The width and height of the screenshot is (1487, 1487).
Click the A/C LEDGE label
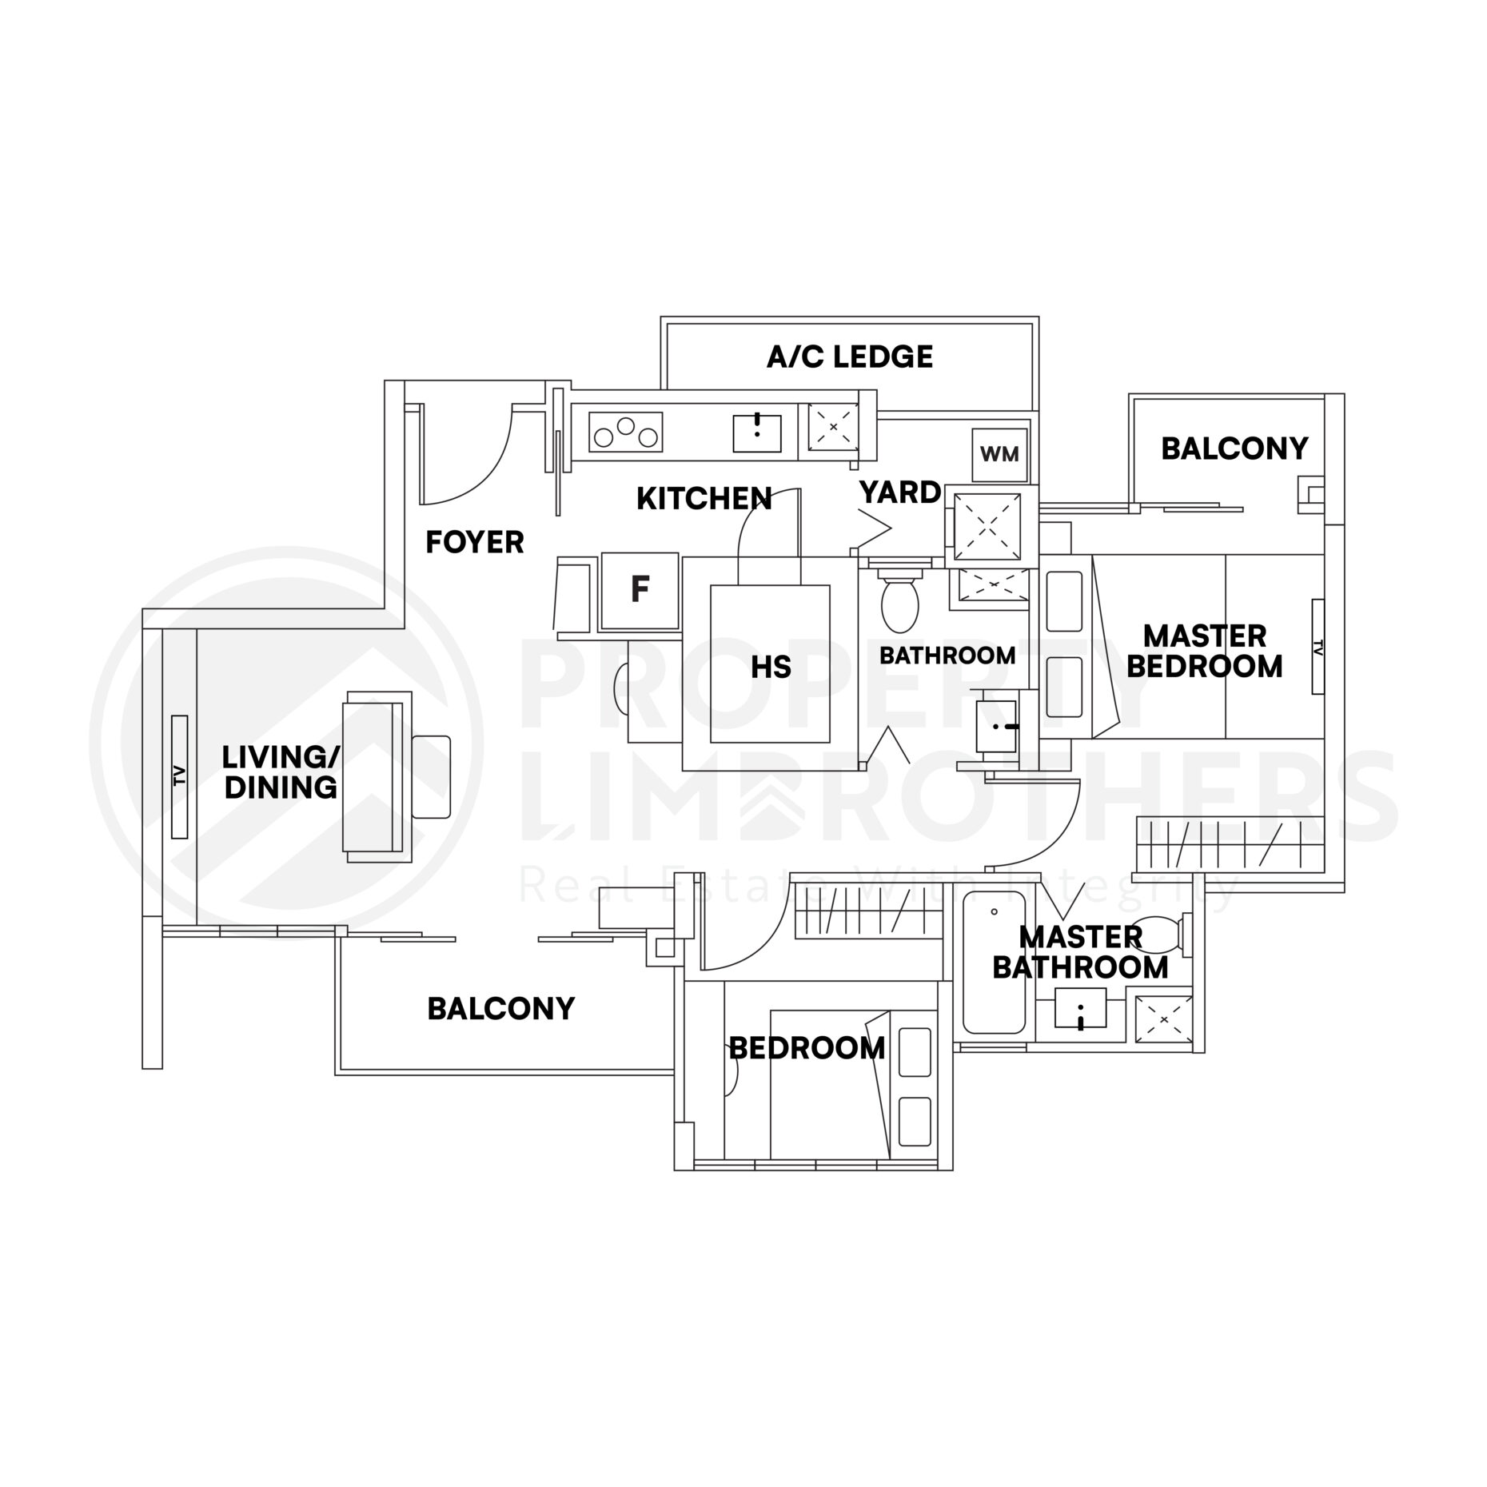pyautogui.click(x=849, y=357)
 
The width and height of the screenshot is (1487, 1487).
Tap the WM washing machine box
pyautogui.click(x=999, y=455)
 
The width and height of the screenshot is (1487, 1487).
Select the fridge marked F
pyautogui.click(x=640, y=590)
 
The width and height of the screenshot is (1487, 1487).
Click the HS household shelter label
pyautogui.click(x=771, y=667)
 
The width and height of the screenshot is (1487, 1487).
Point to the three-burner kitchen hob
pyautogui.click(x=626, y=433)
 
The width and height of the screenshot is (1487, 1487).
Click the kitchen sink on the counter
pyautogui.click(x=756, y=433)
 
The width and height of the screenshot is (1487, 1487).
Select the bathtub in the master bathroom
pyautogui.click(x=994, y=963)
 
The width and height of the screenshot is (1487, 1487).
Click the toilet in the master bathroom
pyautogui.click(x=1163, y=931)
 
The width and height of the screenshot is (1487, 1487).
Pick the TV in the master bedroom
pyautogui.click(x=1317, y=647)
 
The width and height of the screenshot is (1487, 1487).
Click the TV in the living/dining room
pyautogui.click(x=179, y=776)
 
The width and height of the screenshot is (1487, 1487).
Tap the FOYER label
pyautogui.click(x=474, y=543)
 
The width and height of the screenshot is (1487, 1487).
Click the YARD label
pyautogui.click(x=899, y=492)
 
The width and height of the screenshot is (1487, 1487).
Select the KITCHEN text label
pyautogui.click(x=704, y=499)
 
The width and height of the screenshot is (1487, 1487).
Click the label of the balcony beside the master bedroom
pyautogui.click(x=1234, y=448)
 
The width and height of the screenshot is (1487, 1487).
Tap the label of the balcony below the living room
pyautogui.click(x=500, y=1009)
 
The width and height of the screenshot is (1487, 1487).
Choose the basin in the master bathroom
pyautogui.click(x=1080, y=1008)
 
